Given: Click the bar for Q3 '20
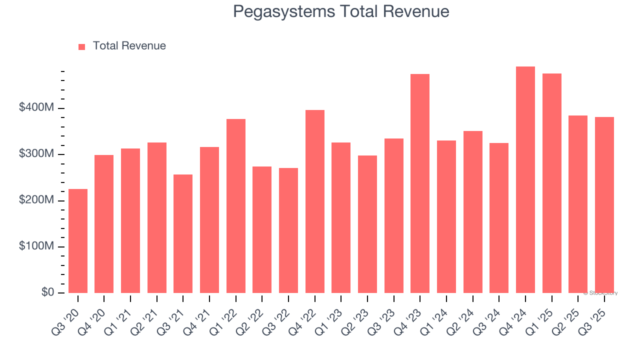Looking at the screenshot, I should coord(78,241).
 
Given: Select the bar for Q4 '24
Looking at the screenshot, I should coord(525,180).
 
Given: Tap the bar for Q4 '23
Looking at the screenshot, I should coord(420,183).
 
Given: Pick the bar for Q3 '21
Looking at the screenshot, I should coord(183,233).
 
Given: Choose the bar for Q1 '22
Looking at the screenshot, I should coord(236,206).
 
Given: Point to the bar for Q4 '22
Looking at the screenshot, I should coord(315,201).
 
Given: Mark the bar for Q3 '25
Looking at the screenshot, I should coord(604,205).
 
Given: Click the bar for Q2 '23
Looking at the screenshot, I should coord(367,224).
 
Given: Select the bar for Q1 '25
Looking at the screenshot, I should coord(552,183).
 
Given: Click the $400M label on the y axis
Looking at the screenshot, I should coord(36,108).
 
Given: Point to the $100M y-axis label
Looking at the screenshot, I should coord(36,246).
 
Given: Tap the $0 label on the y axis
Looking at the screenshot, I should coord(48,292).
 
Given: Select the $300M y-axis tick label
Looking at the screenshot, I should coord(36,154).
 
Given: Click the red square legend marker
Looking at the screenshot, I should coord(82,46).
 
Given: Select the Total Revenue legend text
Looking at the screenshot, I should coord(129,46).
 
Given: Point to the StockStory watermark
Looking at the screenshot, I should coord(600,293).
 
